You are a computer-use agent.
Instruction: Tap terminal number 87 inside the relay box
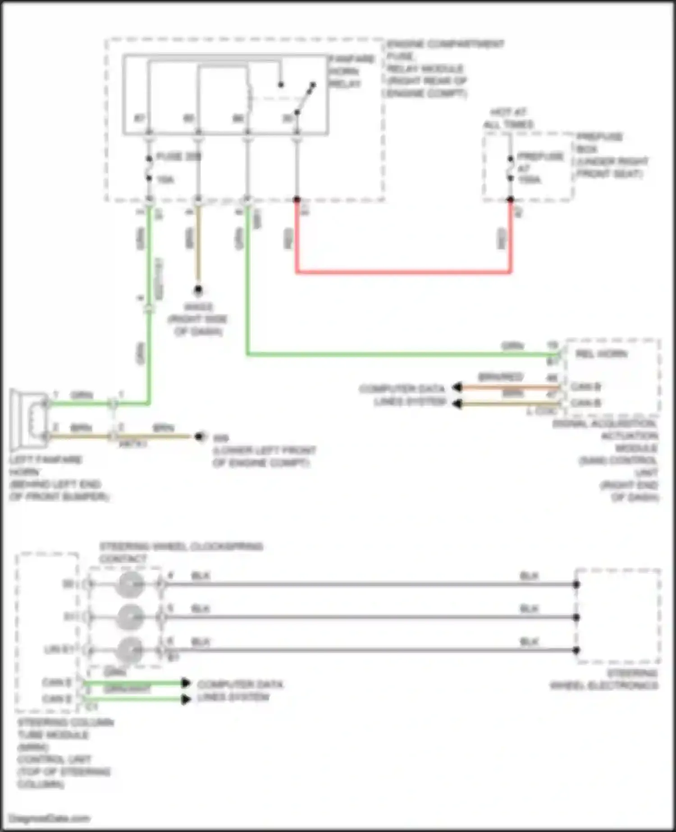point(140,119)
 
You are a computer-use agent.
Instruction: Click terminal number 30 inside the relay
point(288,119)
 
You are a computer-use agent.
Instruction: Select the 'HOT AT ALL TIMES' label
point(509,118)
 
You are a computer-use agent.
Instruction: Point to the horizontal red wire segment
point(403,272)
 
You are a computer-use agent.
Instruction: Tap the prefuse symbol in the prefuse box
point(511,168)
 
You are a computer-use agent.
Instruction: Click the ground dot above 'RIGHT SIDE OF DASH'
point(198,290)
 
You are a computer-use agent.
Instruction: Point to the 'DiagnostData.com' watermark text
point(50,818)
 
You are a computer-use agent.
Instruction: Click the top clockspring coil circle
point(129,585)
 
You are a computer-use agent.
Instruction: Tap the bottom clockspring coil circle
point(129,650)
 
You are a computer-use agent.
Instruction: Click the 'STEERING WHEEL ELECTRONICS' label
point(604,680)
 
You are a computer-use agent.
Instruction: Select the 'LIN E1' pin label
point(59,650)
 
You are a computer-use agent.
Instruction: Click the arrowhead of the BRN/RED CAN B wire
point(457,387)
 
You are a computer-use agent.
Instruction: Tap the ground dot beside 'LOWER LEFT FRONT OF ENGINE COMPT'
point(199,437)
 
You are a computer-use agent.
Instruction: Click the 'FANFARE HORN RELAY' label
point(351,71)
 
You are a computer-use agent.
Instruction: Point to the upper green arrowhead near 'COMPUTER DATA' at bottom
point(186,683)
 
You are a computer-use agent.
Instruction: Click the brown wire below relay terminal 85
point(198,243)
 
